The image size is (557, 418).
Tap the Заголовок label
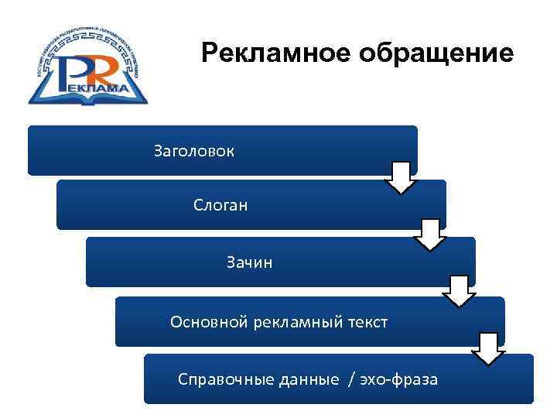[x=193, y=150]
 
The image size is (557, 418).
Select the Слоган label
[x=220, y=206]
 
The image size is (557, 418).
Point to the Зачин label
[x=249, y=263]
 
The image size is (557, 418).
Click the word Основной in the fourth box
[x=208, y=322]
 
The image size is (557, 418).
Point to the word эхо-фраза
[x=401, y=379]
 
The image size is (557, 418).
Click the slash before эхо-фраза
[x=353, y=379]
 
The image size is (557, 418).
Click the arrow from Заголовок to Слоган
[x=401, y=177]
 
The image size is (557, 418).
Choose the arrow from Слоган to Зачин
[x=430, y=235]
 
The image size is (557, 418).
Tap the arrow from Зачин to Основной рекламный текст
[x=459, y=291]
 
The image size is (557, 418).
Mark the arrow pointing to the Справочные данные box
[x=488, y=348]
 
